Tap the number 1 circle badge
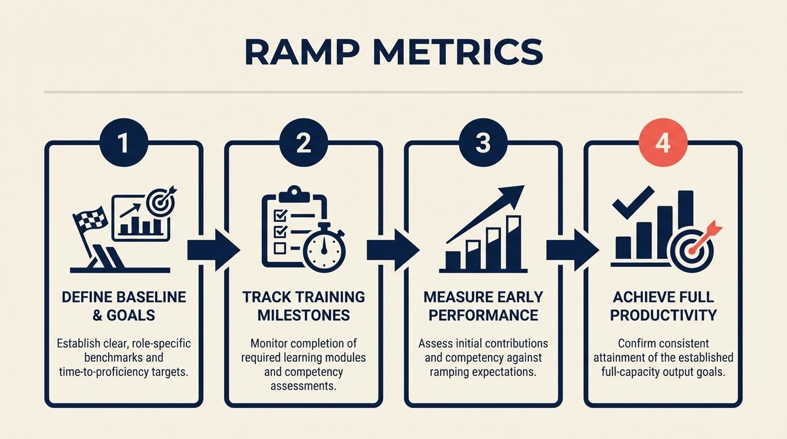coord(124,143)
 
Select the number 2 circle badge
coord(303,143)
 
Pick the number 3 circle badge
coord(483,143)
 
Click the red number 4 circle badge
coord(662,143)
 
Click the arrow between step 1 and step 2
coord(213,250)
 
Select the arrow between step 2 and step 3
coord(392,250)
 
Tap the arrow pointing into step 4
coord(572,250)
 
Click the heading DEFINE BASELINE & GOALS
coord(124,306)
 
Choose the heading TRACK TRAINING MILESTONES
coord(303,306)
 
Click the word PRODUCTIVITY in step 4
coord(663,315)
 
